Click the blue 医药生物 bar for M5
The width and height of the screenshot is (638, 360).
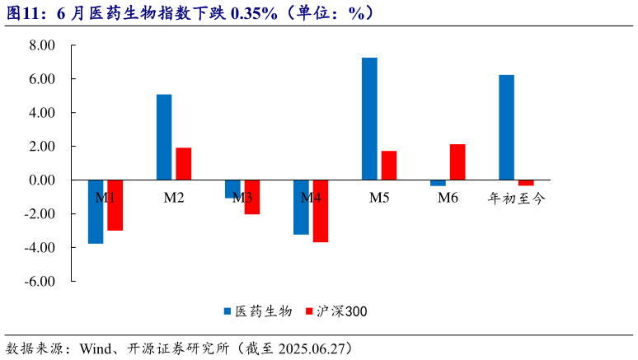(369, 119)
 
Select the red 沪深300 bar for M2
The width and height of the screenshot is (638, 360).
(183, 164)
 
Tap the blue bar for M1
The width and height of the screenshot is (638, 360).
(96, 212)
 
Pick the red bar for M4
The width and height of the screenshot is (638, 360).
(320, 211)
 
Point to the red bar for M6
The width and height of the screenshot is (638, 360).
(457, 162)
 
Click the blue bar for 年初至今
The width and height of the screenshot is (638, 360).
(506, 127)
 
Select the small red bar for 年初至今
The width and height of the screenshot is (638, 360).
(526, 183)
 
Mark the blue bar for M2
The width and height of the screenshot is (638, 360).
(164, 137)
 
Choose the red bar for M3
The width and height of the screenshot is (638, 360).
(251, 197)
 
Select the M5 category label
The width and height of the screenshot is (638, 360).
(379, 198)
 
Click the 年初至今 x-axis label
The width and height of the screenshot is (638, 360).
(516, 198)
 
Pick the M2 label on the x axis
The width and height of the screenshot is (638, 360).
(174, 198)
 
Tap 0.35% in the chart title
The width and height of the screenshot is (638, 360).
(254, 12)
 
